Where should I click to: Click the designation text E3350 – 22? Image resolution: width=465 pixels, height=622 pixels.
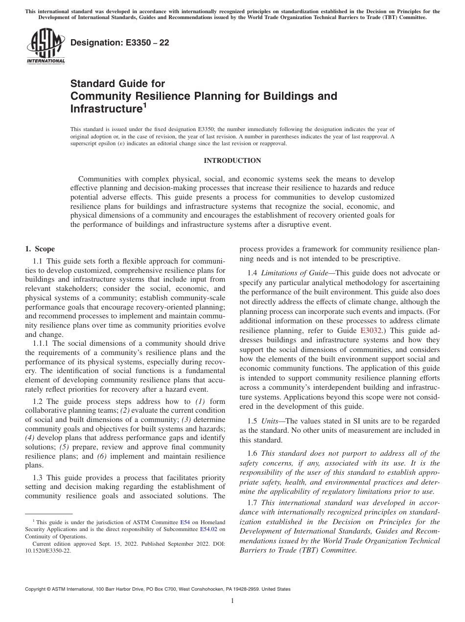(x=120, y=43)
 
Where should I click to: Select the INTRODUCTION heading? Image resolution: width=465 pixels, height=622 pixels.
(x=232, y=160)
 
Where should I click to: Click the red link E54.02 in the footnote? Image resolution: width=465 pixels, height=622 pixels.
(x=209, y=529)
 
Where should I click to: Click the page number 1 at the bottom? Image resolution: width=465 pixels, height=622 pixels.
(x=232, y=601)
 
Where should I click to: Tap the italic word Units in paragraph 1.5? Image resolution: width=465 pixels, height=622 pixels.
(x=270, y=421)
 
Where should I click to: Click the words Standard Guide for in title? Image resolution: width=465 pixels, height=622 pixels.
(x=118, y=84)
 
